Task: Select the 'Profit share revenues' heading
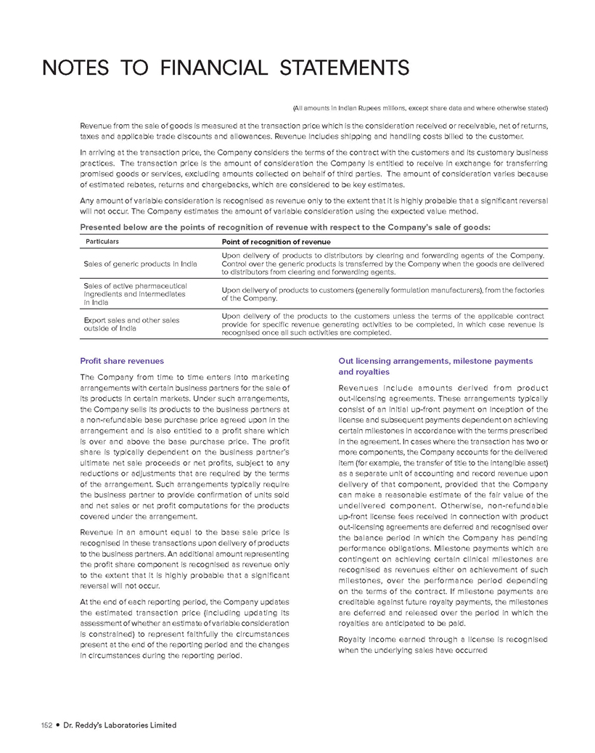click(x=122, y=361)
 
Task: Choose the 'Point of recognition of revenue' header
click(x=276, y=241)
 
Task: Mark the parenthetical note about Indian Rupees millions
click(x=419, y=108)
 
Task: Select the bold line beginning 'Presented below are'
click(x=284, y=227)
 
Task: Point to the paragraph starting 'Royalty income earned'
click(x=443, y=644)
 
